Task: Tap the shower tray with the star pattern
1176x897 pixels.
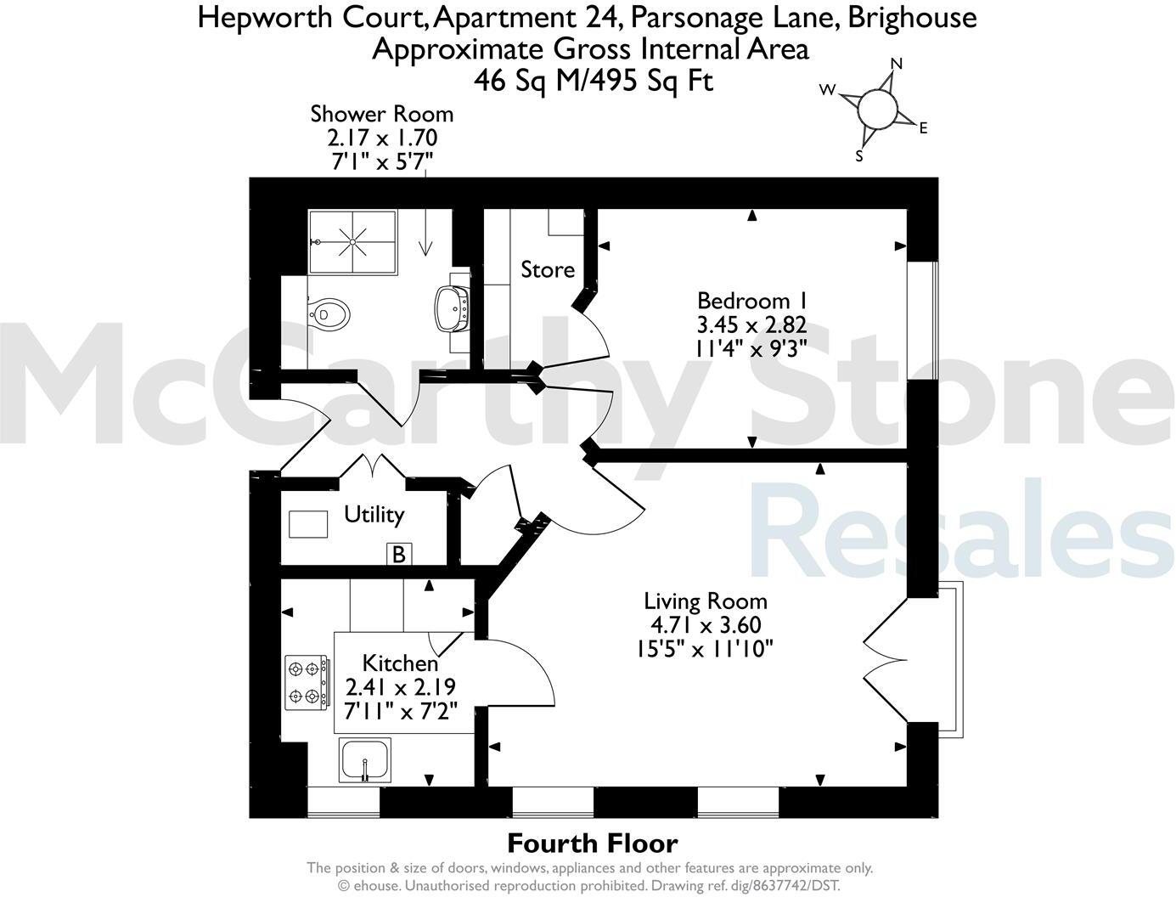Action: [352, 242]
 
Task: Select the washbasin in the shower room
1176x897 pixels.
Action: [451, 307]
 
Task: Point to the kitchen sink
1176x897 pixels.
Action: [365, 759]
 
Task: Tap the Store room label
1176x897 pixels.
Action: [547, 270]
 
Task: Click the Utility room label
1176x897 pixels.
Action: [374, 514]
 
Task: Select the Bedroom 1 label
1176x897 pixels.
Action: [751, 301]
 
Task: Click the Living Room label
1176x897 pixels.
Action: [705, 601]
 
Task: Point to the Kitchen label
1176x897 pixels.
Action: [400, 663]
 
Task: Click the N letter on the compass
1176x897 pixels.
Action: [896, 64]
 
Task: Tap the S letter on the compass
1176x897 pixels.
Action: [859, 156]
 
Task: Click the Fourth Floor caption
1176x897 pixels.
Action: [592, 843]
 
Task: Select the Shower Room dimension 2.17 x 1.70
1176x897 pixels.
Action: [382, 136]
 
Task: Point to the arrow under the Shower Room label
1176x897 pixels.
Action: [425, 229]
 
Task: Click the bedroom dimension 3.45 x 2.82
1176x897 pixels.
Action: [751, 324]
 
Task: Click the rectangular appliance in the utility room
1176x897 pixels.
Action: [308, 523]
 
